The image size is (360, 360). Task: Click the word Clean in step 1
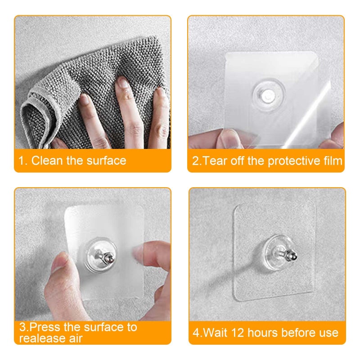(x=47, y=161)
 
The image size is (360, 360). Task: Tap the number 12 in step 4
(x=240, y=333)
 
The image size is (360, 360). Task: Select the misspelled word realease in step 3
(x=38, y=338)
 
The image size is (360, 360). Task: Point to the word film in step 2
(x=333, y=161)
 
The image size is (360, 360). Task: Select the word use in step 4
(x=328, y=333)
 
